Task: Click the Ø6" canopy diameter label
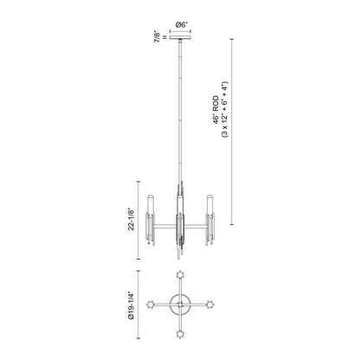coord(180,25)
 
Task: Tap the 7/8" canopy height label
coord(157,36)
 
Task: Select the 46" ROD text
coord(216,110)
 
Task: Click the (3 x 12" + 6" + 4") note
coord(225,110)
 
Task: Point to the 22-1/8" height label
coord(132,220)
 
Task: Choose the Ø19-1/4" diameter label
coord(132,305)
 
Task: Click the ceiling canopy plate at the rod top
coord(180,37)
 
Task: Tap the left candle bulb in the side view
coord(151,204)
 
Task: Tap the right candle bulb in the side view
coord(210,204)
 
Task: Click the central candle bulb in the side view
coord(180,204)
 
